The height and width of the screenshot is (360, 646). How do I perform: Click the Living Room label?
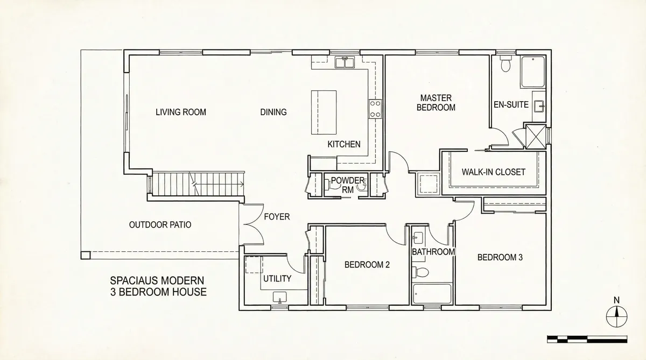[x=181, y=112]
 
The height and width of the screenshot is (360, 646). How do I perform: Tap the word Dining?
[x=273, y=112]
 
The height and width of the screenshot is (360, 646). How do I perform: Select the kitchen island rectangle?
[x=324, y=112]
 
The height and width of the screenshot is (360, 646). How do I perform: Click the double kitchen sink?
[x=345, y=62]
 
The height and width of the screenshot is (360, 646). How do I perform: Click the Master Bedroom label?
[x=436, y=103]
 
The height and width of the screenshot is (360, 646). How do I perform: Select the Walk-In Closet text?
[x=494, y=172]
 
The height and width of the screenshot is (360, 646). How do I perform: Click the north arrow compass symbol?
[x=616, y=316]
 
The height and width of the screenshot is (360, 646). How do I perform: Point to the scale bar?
[x=587, y=339]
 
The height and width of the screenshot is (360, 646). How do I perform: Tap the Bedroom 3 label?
[x=500, y=257]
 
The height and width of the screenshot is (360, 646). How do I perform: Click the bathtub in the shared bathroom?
[x=432, y=294]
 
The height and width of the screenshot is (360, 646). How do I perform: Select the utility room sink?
[x=279, y=297]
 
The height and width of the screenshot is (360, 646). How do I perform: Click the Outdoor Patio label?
[x=160, y=225]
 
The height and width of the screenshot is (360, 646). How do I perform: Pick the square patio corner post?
[x=86, y=256]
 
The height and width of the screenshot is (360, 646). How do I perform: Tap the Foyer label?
[x=277, y=217]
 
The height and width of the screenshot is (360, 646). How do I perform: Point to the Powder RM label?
[x=348, y=185]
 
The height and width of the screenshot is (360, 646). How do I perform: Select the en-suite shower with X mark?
[x=536, y=137]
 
